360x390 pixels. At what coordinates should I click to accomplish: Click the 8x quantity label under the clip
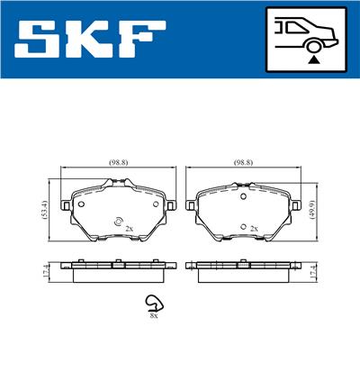pos(154,316)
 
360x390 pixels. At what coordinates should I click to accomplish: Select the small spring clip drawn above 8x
pos(154,304)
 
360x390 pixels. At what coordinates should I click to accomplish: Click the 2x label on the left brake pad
pos(129,230)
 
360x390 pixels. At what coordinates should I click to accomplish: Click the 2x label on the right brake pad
pos(255,230)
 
